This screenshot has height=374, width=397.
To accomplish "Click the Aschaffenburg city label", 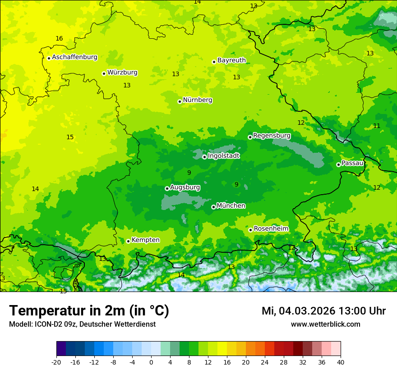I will [x=74, y=57].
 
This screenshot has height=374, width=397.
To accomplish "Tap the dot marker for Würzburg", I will [x=104, y=73].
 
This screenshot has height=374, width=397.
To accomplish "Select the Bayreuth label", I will [x=231, y=60].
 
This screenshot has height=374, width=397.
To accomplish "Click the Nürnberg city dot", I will [x=180, y=101].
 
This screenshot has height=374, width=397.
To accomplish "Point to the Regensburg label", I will [x=272, y=135].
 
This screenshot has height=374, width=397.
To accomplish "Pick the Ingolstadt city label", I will [x=223, y=156].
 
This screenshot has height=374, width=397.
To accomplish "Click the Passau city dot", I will [x=338, y=164].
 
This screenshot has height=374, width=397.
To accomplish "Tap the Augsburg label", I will [x=185, y=187].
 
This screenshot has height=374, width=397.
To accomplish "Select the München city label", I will [x=231, y=205].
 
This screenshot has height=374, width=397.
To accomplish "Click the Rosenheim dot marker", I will [x=250, y=230].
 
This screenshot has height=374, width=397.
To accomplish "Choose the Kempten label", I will [x=145, y=240].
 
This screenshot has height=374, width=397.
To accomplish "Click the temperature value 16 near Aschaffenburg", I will [x=59, y=38].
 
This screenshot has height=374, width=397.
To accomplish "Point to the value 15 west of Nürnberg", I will [x=70, y=137].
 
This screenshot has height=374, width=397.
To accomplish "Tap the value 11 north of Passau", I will [x=377, y=126].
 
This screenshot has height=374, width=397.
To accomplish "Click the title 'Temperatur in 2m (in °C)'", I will [x=89, y=310].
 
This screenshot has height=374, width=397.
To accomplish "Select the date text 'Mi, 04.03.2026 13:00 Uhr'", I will [x=323, y=311].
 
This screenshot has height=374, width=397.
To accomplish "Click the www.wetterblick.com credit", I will [x=325, y=324].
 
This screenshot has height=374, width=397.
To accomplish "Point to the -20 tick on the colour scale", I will [x=56, y=362].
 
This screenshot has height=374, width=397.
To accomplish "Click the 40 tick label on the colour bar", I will [x=341, y=362].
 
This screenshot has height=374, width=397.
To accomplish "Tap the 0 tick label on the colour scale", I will [x=151, y=362].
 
